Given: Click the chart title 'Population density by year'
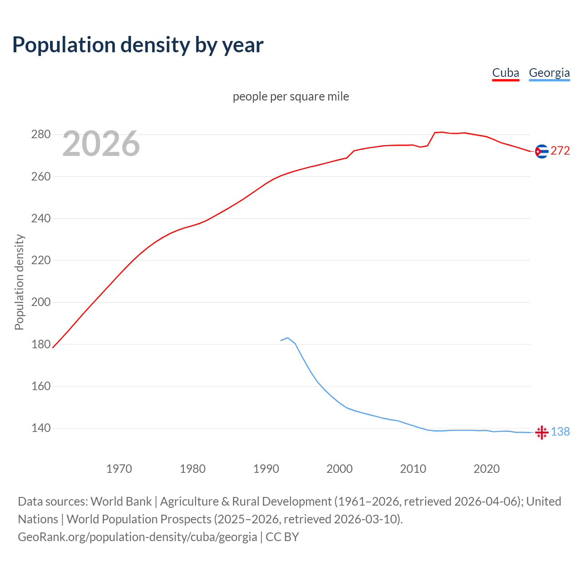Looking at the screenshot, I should [x=138, y=45].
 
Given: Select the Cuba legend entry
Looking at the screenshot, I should [x=505, y=73].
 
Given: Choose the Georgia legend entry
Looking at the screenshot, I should [x=549, y=73].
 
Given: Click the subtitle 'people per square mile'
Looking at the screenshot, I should [x=291, y=96].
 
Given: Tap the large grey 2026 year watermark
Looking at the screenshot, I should [x=101, y=144].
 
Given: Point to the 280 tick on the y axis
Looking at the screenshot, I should [x=40, y=135].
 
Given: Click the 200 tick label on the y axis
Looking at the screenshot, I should [x=40, y=302].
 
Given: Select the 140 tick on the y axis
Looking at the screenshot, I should [x=40, y=428].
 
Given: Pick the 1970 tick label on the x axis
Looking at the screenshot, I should [x=119, y=469].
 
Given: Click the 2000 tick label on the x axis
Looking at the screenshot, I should [x=340, y=469].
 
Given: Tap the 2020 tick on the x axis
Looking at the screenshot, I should [x=487, y=469].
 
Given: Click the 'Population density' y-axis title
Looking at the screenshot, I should [x=19, y=282].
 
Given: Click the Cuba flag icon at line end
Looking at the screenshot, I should [x=541, y=151].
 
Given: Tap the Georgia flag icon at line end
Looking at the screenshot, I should [x=541, y=432].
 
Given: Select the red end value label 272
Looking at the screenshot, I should [x=560, y=151].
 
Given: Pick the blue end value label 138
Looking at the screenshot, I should [x=560, y=432].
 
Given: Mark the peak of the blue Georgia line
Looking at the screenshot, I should [x=287, y=338].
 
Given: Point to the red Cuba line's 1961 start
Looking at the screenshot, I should [x=53, y=348].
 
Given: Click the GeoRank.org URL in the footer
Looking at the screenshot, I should [x=137, y=537].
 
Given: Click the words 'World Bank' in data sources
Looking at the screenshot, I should [x=121, y=502].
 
